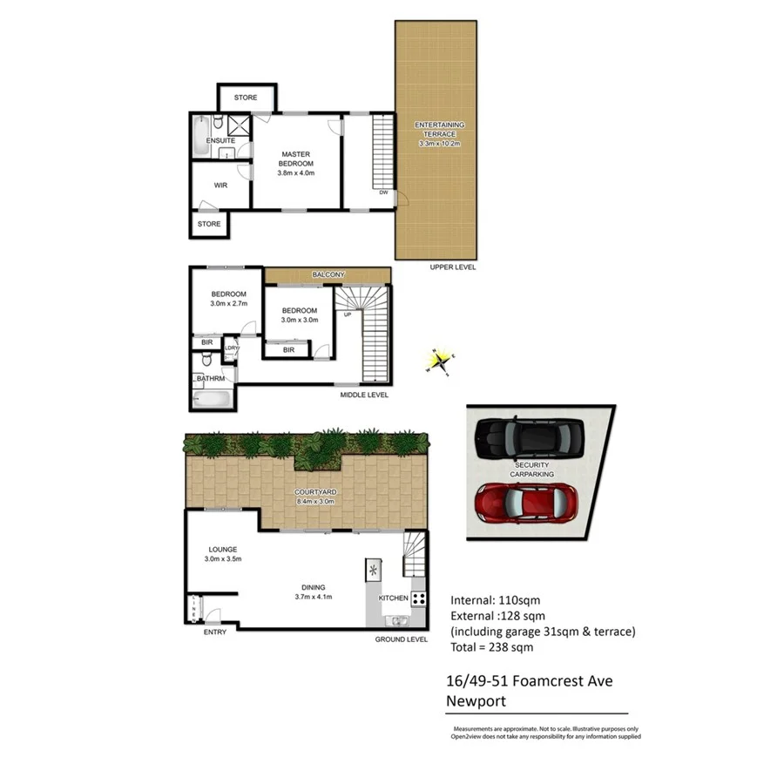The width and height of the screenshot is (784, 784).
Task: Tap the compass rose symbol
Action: pos(440,359)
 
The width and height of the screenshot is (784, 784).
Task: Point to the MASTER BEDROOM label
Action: pos(295,163)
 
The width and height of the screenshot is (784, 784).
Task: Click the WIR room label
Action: pos(220,185)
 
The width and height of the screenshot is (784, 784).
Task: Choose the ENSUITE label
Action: pos(220,140)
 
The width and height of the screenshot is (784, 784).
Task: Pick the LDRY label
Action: pos(232,348)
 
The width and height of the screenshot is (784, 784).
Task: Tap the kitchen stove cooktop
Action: pos(418,598)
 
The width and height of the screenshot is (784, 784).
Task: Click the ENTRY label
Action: pos(214,632)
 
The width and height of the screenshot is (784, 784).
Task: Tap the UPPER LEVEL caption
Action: pos(452,267)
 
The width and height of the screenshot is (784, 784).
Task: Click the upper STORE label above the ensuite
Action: pos(246,98)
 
